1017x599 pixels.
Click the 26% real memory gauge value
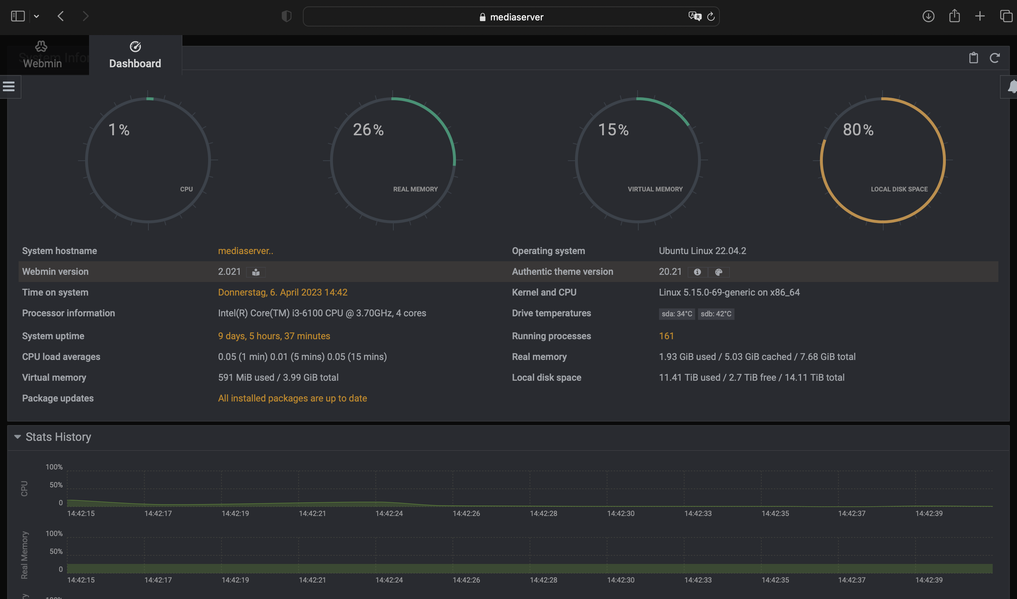click(368, 130)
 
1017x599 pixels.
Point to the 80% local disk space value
click(858, 130)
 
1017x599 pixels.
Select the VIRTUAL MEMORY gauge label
click(655, 189)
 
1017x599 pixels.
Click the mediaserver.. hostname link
click(245, 251)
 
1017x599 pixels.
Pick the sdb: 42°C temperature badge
click(716, 314)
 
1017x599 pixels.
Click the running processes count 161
click(666, 336)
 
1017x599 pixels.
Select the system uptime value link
click(274, 336)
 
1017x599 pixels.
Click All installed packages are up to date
click(292, 398)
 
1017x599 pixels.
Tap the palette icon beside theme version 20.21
click(719, 272)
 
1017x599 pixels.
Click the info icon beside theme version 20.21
click(697, 272)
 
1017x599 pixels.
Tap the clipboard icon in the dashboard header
click(973, 58)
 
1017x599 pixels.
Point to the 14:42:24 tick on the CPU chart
click(389, 513)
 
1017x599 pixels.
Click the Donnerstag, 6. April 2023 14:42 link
click(282, 292)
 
